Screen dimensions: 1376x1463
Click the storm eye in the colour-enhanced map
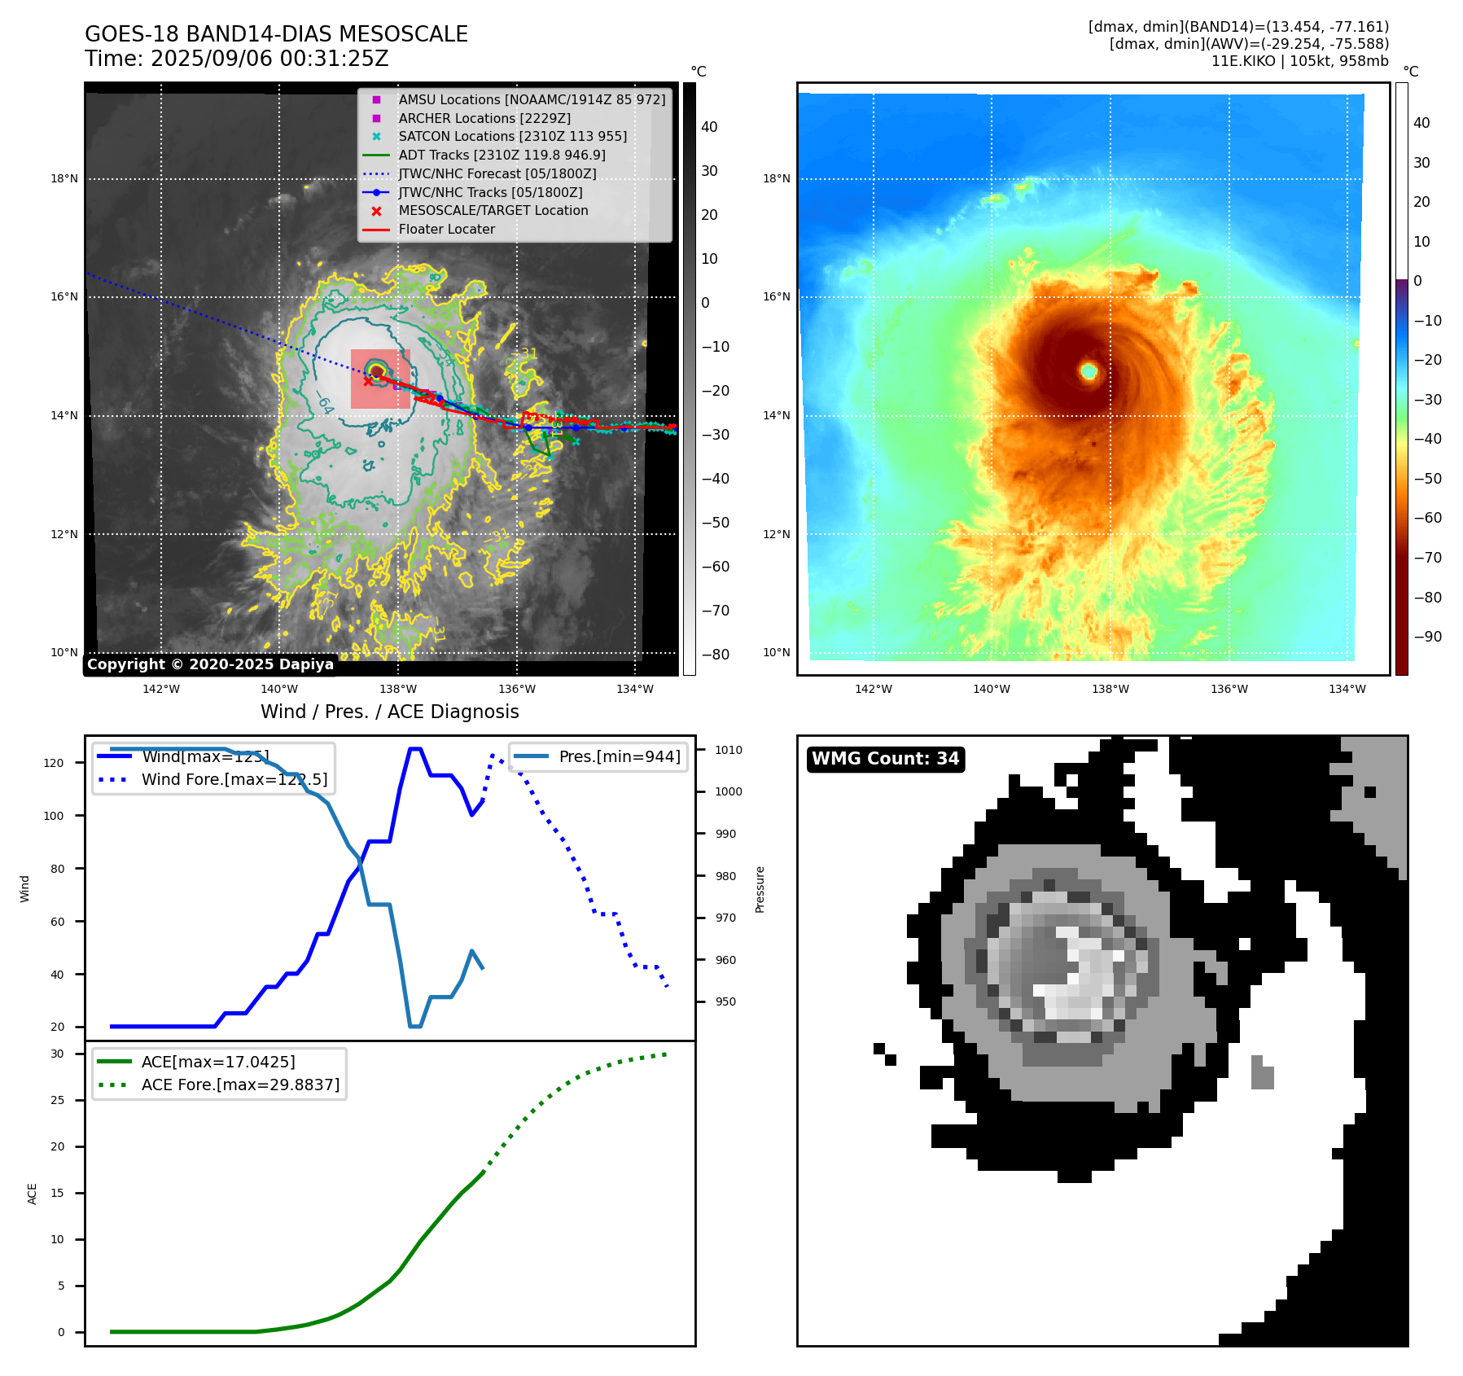tap(1088, 371)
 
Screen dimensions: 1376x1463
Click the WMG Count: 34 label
tap(885, 759)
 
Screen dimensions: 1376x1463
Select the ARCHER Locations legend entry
tap(484, 118)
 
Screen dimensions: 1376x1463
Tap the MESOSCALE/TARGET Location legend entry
tap(493, 210)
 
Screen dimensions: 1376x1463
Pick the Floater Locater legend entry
tap(446, 229)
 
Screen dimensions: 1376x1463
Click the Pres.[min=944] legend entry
tap(619, 756)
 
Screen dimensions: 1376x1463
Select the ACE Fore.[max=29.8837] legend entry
tap(240, 1085)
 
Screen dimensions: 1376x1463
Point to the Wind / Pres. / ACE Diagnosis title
tap(389, 712)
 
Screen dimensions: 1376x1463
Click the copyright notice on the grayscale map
tap(210, 664)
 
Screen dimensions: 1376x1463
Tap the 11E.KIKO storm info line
tap(1299, 61)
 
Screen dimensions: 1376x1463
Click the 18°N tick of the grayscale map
tap(64, 178)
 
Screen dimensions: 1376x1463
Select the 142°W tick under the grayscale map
tap(160, 689)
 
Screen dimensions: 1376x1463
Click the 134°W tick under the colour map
tap(1347, 689)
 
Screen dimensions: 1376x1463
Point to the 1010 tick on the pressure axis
tap(729, 750)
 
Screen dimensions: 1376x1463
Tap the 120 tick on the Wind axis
tap(53, 763)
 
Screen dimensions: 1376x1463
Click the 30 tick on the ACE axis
tap(57, 1054)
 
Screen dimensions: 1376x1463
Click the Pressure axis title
tap(760, 889)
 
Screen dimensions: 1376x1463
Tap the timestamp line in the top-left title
tap(236, 59)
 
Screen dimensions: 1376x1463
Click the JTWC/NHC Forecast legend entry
tap(497, 173)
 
